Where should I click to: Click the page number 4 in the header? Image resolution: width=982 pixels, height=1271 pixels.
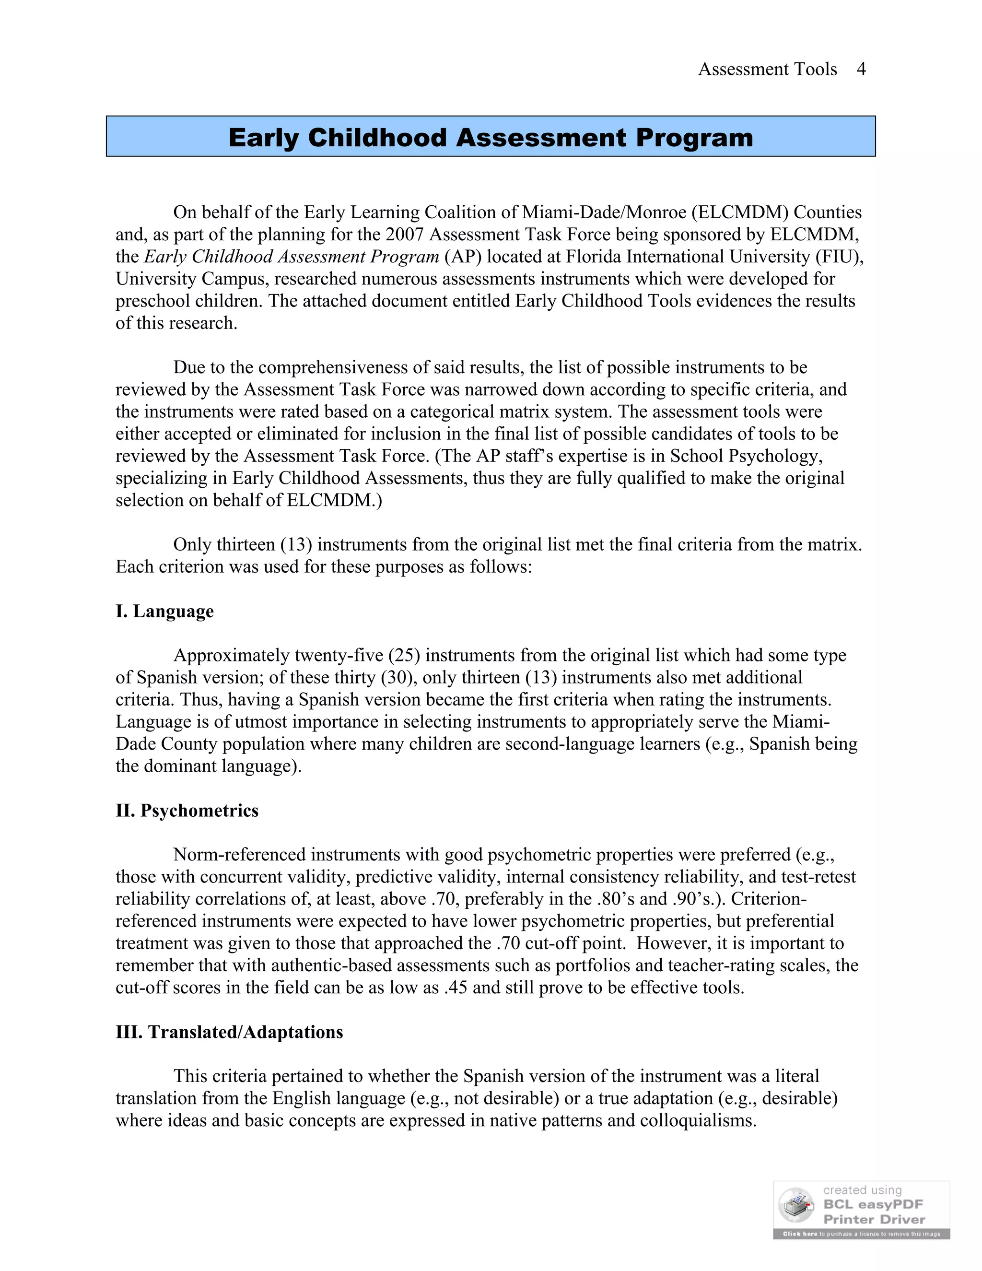click(861, 69)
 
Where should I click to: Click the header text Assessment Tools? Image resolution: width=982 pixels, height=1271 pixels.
click(767, 69)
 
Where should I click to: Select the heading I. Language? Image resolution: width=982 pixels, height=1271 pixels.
click(164, 611)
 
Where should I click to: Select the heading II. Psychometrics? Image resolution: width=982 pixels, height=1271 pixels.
click(187, 810)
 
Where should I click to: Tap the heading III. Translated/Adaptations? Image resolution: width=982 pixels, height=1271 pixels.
click(229, 1032)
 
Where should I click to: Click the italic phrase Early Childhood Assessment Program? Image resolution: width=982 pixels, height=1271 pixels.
click(292, 257)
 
